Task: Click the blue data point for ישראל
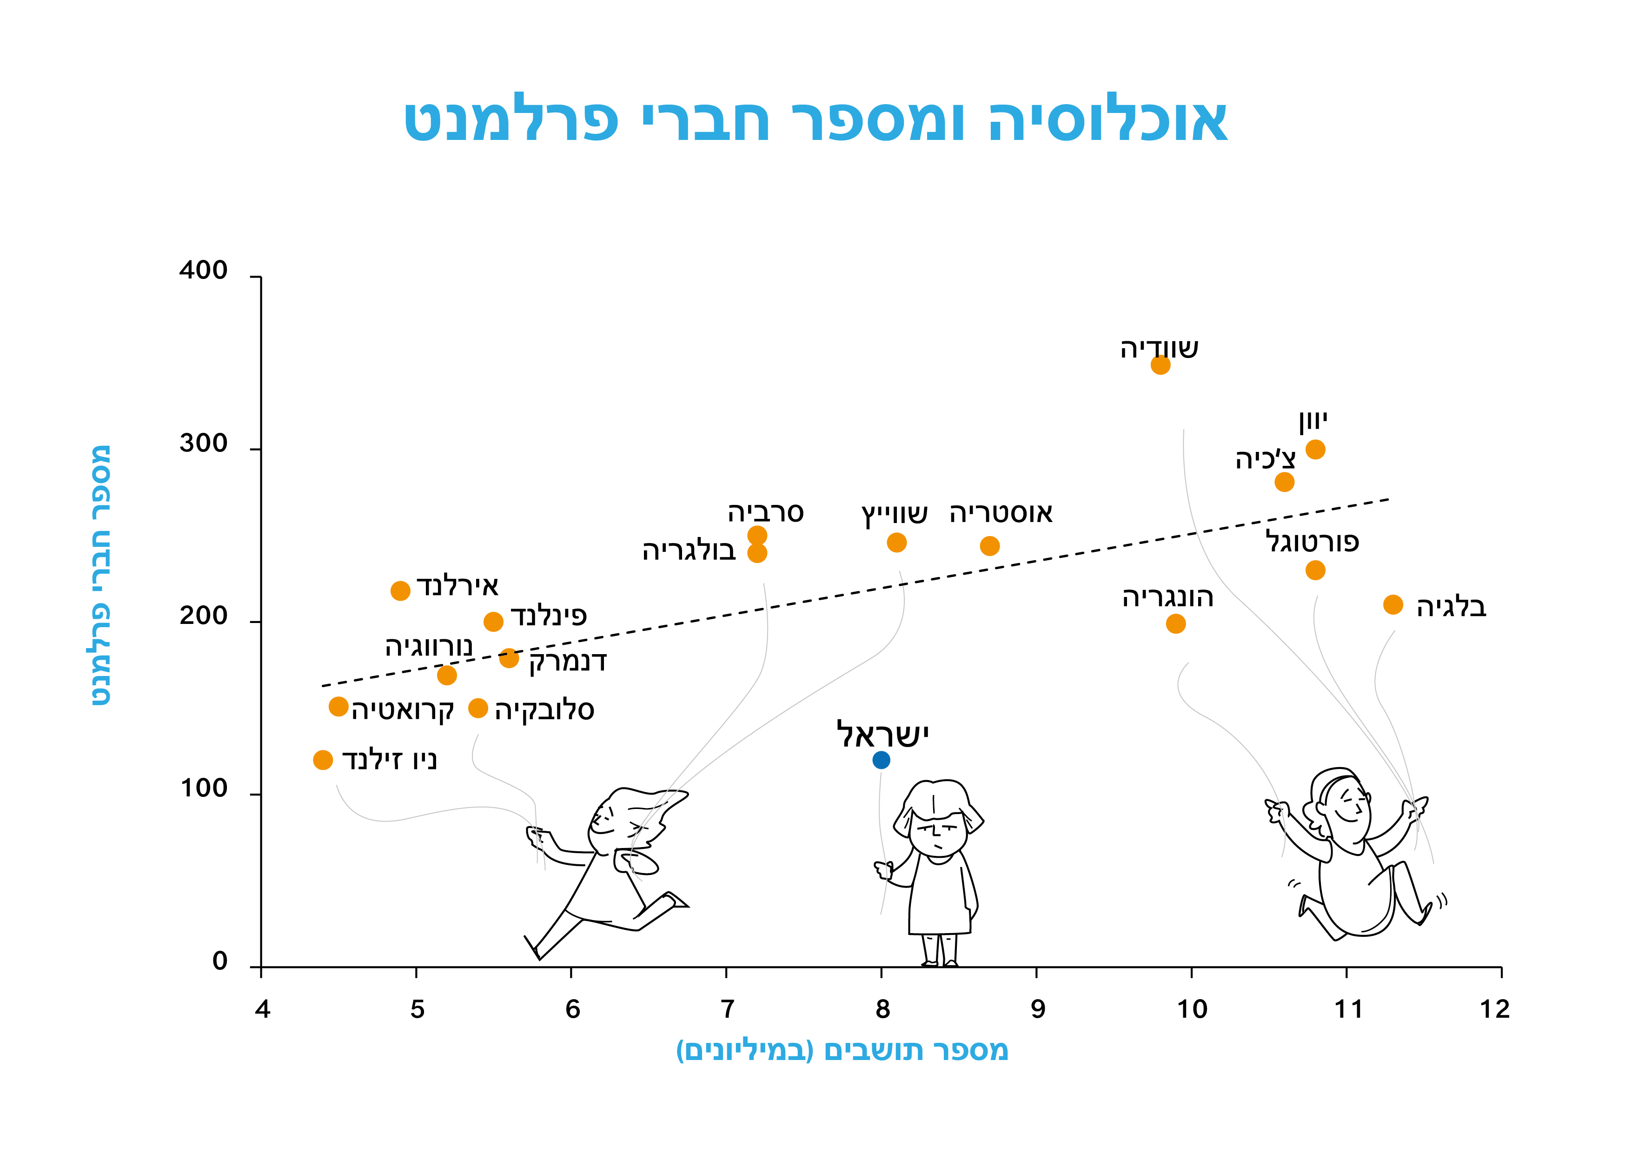(x=881, y=760)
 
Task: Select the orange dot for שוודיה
(x=1160, y=365)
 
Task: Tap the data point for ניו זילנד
(x=323, y=760)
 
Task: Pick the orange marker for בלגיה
(x=1393, y=604)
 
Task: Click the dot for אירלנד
(x=401, y=590)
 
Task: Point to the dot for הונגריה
(x=1176, y=624)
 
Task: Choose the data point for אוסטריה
(x=989, y=546)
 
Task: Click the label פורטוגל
(x=1312, y=542)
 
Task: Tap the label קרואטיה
(x=403, y=710)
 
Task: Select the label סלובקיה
(x=544, y=710)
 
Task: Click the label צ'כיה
(x=1265, y=460)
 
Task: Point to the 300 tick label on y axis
(x=203, y=444)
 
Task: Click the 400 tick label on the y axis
(x=203, y=272)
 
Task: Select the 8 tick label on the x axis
(x=882, y=1009)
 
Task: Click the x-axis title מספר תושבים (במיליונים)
(x=842, y=1050)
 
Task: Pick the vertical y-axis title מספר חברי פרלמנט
(x=101, y=576)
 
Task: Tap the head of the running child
(x=618, y=817)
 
